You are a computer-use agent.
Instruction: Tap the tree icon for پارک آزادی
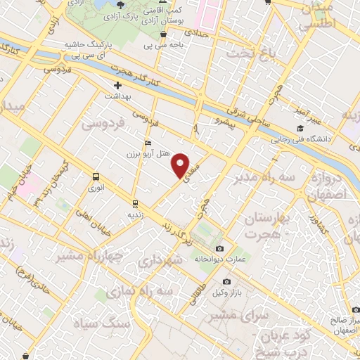pos(121,6)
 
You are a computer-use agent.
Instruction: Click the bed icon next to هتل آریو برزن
pos(148,143)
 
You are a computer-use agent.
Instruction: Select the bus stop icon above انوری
pos(96,177)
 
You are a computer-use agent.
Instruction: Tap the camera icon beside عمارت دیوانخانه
pos(220,249)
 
